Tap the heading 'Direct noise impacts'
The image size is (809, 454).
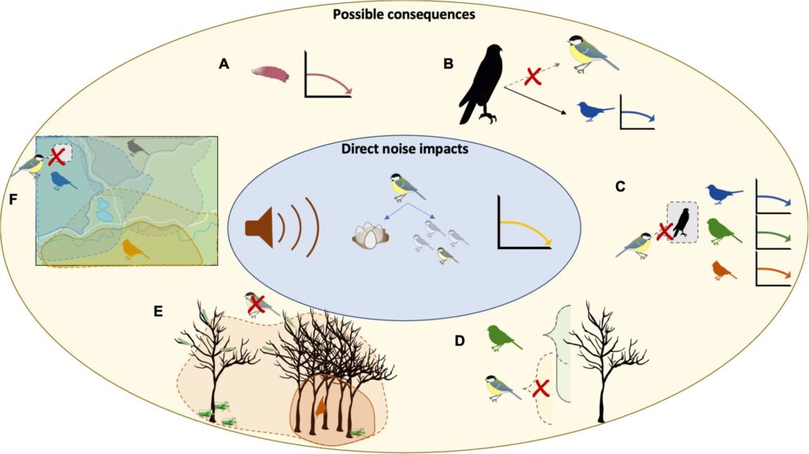pyautogui.click(x=404, y=147)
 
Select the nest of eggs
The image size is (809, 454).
pyautogui.click(x=368, y=235)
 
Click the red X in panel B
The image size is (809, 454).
pyautogui.click(x=534, y=77)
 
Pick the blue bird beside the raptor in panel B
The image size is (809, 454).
pyautogui.click(x=595, y=111)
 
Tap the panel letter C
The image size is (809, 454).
pyautogui.click(x=620, y=187)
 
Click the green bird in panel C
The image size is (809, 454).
pyautogui.click(x=723, y=230)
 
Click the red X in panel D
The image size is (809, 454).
pyautogui.click(x=541, y=388)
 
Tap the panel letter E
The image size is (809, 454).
pyautogui.click(x=158, y=312)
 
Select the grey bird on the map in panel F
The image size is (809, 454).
pyautogui.click(x=140, y=147)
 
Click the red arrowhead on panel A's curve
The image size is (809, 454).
pyautogui.click(x=348, y=91)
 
